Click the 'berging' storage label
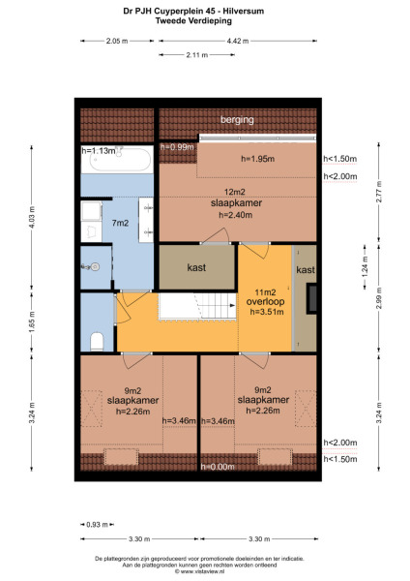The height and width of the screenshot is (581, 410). (237, 120)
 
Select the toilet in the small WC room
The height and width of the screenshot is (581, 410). (97, 338)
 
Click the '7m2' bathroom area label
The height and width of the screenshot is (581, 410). (121, 224)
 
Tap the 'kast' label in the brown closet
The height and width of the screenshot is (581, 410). (196, 266)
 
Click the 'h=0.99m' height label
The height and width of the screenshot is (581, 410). (178, 147)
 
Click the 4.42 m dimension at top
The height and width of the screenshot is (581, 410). (237, 41)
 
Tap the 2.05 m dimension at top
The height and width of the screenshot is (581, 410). (117, 41)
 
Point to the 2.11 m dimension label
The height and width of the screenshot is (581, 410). (196, 55)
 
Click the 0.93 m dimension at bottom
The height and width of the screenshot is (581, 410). (94, 525)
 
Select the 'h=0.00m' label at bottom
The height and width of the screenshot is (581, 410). (219, 468)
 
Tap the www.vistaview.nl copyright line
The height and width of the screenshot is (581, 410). (205, 571)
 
